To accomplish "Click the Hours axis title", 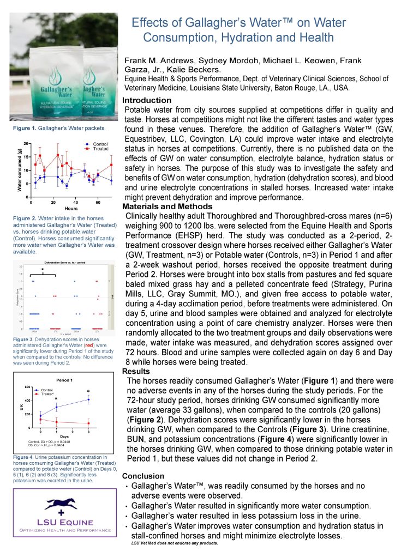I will pos(70,208).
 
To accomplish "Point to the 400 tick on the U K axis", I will pos(29,401).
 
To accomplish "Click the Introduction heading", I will pos(147,100).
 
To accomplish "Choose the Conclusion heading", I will pos(143,476).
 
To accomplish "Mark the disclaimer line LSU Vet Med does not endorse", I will pos(175,543).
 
